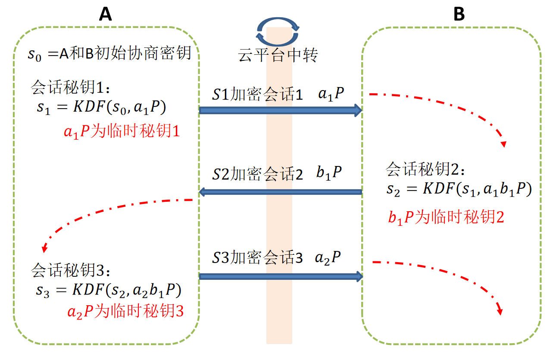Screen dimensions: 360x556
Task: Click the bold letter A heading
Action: tap(105, 15)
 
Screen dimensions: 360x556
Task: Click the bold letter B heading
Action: tap(459, 15)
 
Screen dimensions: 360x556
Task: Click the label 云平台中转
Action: tap(278, 56)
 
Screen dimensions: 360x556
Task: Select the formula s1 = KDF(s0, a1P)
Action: tap(101, 108)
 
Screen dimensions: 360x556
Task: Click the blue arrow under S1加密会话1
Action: tap(280, 110)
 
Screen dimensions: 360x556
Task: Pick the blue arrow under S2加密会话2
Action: tap(280, 192)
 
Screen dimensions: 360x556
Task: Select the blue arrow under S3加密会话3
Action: tap(280, 276)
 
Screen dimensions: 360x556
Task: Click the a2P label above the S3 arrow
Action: tap(328, 258)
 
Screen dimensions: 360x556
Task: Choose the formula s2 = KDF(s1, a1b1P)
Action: tap(459, 190)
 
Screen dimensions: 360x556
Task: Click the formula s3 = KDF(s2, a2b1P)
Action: tap(108, 290)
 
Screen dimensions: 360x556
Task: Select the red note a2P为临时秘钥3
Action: tap(125, 311)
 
